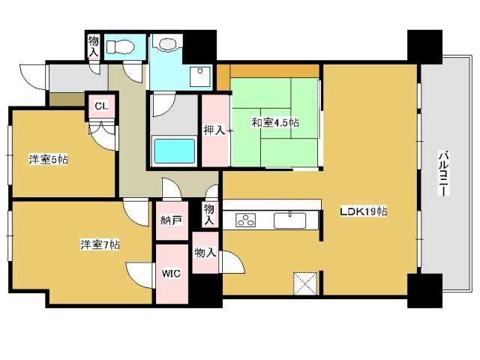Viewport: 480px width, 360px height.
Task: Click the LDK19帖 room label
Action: coord(364,211)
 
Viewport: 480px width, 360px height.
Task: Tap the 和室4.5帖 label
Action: coord(275,123)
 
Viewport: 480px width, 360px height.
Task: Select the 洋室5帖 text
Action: coord(48,160)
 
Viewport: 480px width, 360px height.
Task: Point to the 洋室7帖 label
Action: coord(100,244)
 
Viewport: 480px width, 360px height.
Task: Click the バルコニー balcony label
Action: coord(443,172)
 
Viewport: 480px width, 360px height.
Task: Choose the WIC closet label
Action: coord(171,273)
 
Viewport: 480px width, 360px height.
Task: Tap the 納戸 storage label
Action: coord(171,220)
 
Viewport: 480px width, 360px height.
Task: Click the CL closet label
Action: coord(101,106)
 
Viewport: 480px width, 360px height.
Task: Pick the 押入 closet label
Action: coord(214,130)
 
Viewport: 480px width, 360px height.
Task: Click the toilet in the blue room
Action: coord(121,47)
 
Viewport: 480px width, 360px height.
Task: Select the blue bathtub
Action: coord(175,151)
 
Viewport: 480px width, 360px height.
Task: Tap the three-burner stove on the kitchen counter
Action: coord(245,220)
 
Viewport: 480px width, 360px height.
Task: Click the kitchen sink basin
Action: coord(289,220)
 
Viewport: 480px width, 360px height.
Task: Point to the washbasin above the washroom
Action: coord(167,43)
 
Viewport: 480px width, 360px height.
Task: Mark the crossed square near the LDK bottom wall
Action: coord(305,283)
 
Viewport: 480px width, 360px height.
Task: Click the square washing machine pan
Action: coord(200,76)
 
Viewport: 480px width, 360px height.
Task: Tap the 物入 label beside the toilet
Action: coord(93,46)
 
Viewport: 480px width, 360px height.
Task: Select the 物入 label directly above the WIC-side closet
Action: coord(209,214)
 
